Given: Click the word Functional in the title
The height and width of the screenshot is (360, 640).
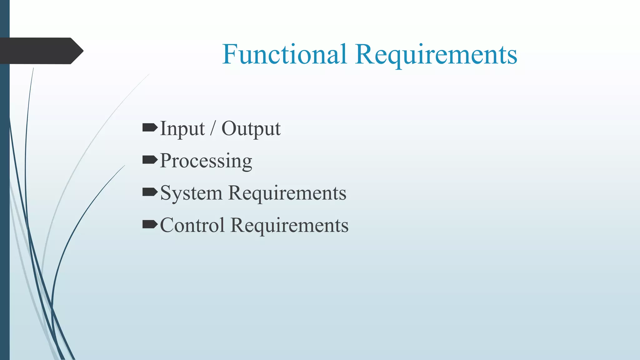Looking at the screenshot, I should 284,54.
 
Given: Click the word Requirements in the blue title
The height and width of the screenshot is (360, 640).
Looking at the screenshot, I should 436,55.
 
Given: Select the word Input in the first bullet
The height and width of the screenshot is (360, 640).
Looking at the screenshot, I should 182,129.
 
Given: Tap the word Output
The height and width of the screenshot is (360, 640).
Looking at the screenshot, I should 251,129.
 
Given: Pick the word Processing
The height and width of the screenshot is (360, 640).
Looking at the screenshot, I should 206,161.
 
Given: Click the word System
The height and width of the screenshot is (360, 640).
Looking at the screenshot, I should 191,193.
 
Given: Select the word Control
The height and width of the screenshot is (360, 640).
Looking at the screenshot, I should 192,225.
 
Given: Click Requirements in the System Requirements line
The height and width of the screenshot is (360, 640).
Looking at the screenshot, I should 287,193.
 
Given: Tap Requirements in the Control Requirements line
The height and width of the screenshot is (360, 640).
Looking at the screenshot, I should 289,225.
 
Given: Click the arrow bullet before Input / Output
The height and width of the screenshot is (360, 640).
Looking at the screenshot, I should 150,127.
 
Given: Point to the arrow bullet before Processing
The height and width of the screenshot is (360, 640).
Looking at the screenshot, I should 150,160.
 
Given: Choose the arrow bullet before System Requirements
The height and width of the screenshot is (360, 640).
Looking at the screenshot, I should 150,192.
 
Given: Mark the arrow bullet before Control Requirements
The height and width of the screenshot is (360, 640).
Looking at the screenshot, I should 150,224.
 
